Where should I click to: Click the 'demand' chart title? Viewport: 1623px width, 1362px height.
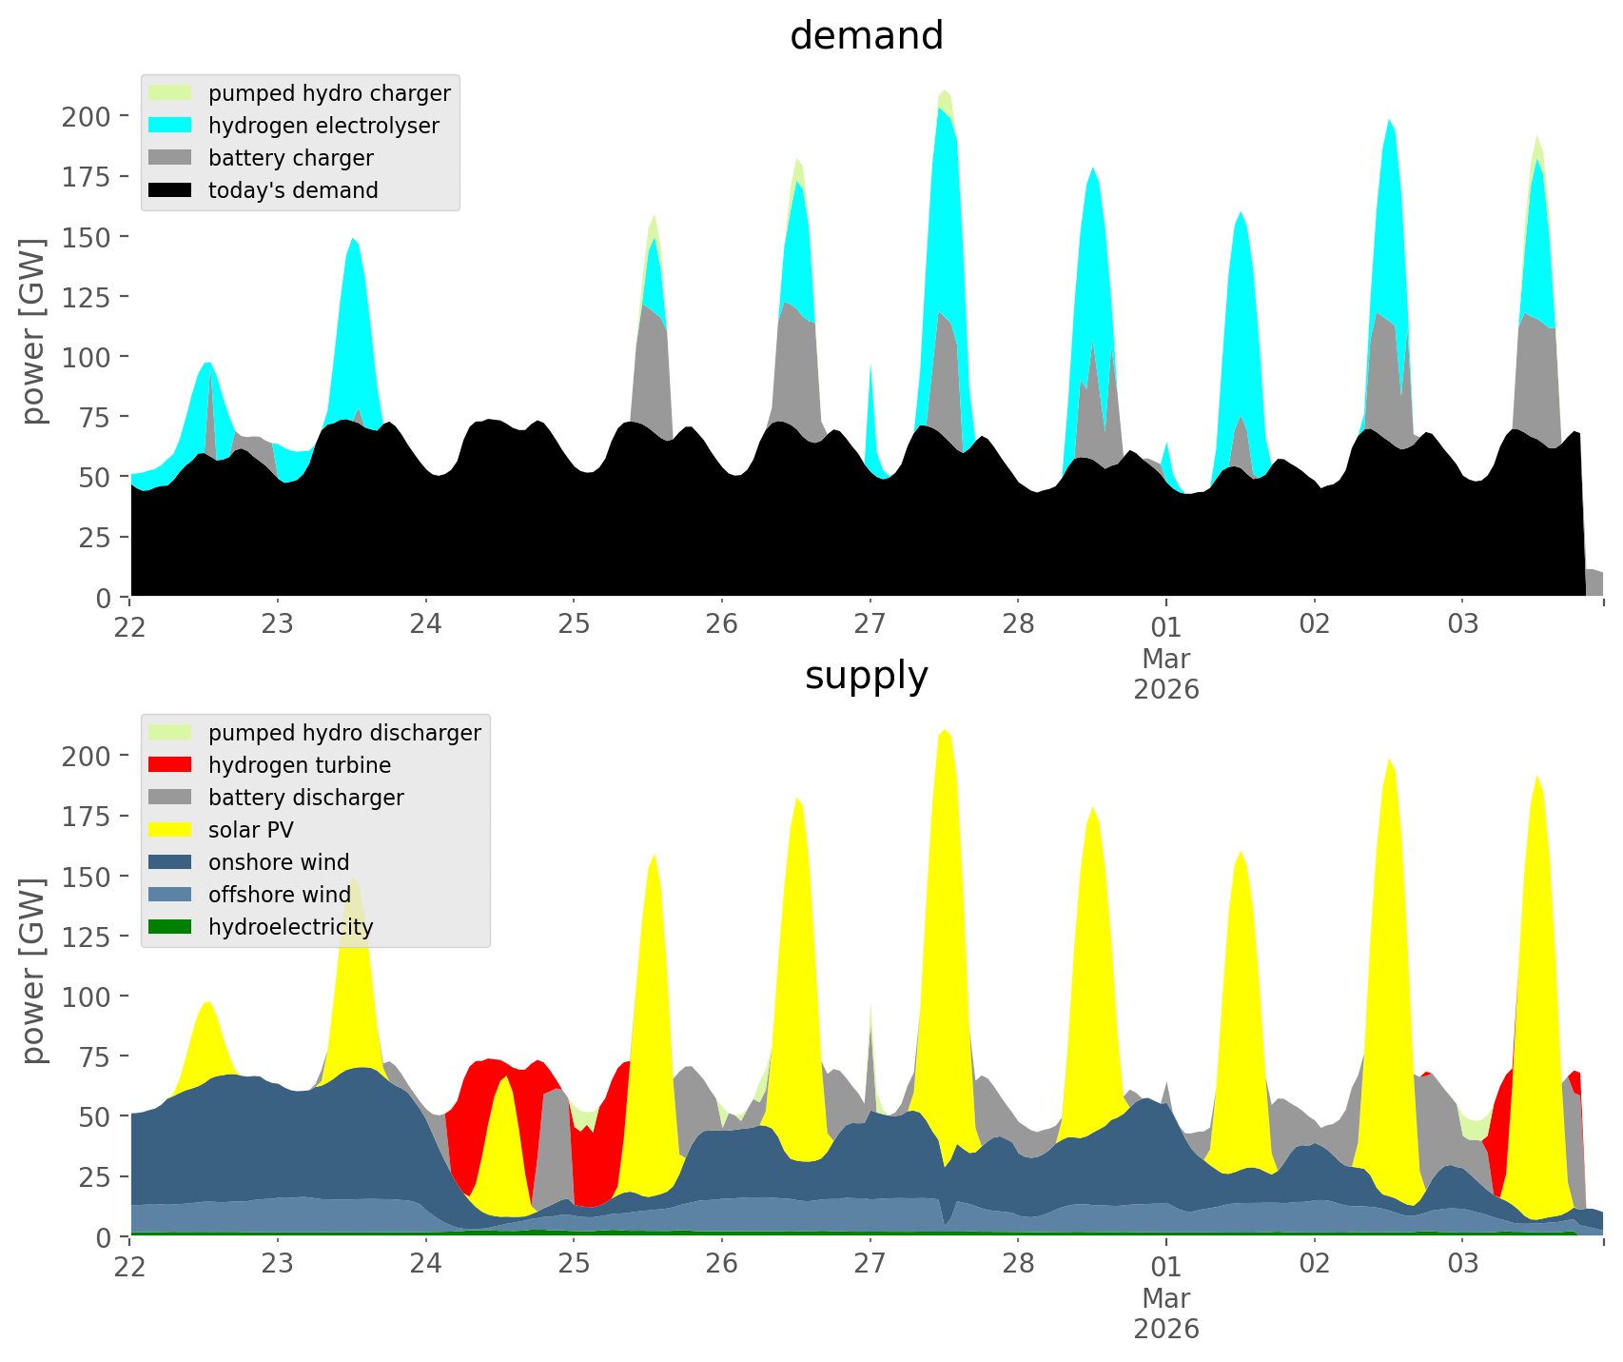coord(866,36)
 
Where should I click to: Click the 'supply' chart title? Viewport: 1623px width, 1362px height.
coord(866,676)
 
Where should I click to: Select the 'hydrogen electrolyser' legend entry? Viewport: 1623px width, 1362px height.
coord(323,126)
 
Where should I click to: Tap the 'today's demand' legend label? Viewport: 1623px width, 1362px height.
coord(293,190)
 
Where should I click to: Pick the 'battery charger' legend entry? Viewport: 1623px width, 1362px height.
coord(290,158)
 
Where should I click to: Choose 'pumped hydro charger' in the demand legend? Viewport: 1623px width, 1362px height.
coord(329,93)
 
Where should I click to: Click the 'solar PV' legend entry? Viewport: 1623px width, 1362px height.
coord(251,830)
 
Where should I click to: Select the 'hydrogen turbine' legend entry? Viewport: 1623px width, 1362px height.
coord(300,765)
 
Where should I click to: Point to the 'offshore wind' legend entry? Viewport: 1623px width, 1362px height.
coord(279,895)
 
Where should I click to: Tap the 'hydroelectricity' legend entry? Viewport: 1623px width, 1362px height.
coord(290,927)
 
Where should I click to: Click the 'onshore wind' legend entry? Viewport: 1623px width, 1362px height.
coord(279,862)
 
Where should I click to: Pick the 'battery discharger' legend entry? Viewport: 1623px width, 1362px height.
coord(305,798)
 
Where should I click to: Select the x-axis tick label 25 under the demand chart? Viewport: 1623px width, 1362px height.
coord(574,624)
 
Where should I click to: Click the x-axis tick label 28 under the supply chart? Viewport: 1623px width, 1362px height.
coord(1018,1264)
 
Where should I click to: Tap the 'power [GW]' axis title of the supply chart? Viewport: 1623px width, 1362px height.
coord(34,971)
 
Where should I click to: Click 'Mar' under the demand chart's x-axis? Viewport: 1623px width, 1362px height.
coord(1166,659)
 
